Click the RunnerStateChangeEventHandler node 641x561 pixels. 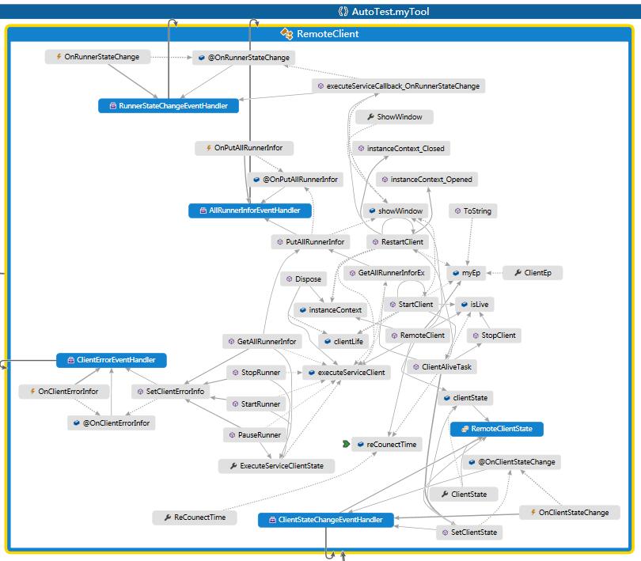click(x=168, y=106)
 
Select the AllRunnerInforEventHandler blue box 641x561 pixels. click(x=250, y=211)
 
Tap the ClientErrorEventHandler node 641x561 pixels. click(x=112, y=360)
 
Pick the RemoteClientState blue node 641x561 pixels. click(x=496, y=429)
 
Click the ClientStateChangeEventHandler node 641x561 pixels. click(x=325, y=520)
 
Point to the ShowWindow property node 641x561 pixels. click(x=394, y=117)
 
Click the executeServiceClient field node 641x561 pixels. click(x=347, y=372)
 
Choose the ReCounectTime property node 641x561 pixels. click(x=195, y=517)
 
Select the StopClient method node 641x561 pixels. click(x=493, y=335)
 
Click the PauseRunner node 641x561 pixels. click(x=255, y=435)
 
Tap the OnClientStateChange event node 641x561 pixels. click(x=568, y=513)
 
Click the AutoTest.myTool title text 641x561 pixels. click(x=328, y=12)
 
